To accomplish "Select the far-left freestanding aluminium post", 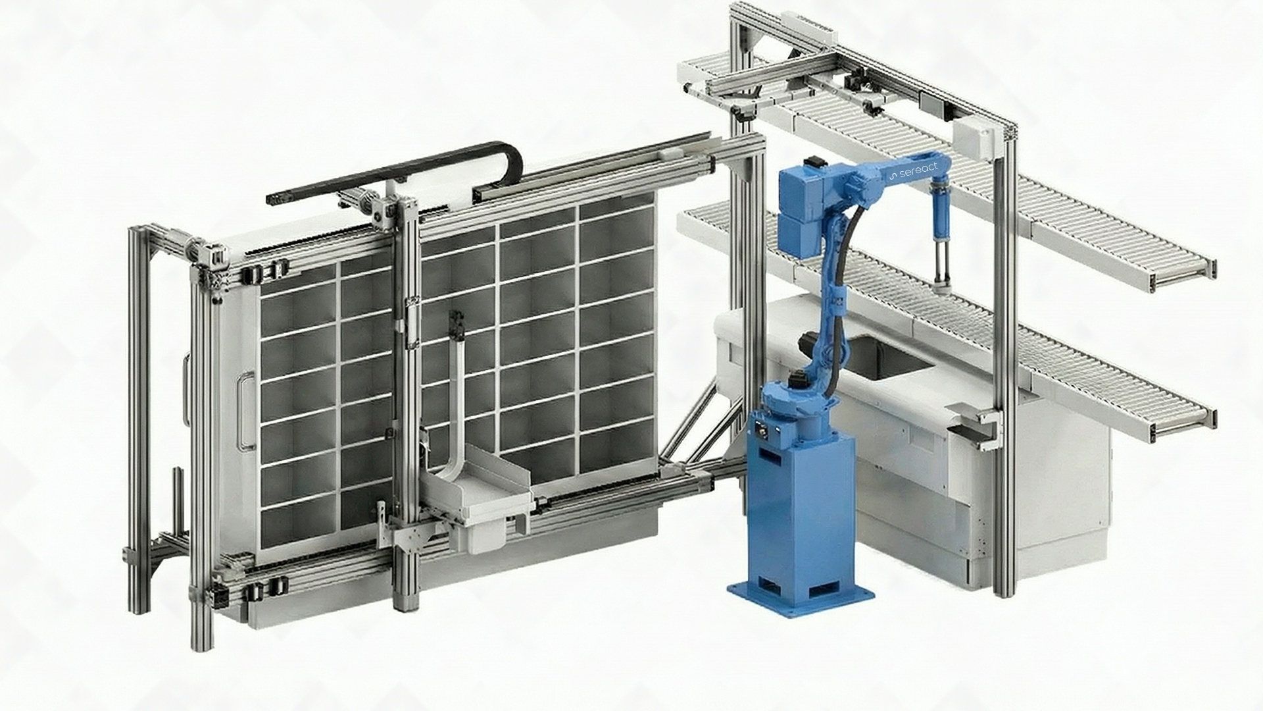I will click(x=137, y=421).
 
